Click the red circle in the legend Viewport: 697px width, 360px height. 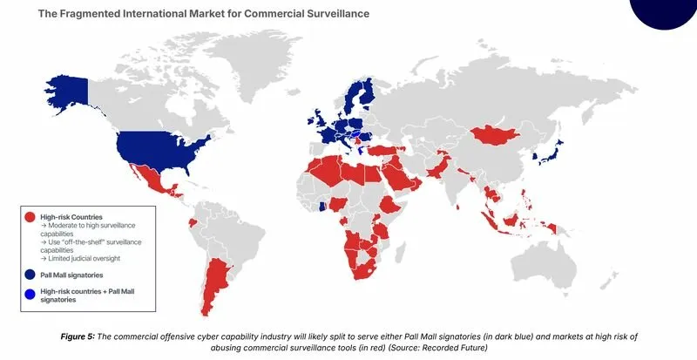[30, 216]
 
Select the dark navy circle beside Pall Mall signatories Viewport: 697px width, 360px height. [30, 274]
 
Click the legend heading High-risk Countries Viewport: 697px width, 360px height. [71, 216]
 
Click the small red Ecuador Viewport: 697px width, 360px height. [191, 222]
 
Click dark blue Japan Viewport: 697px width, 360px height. [555, 154]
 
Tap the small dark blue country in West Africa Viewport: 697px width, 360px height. [323, 207]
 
